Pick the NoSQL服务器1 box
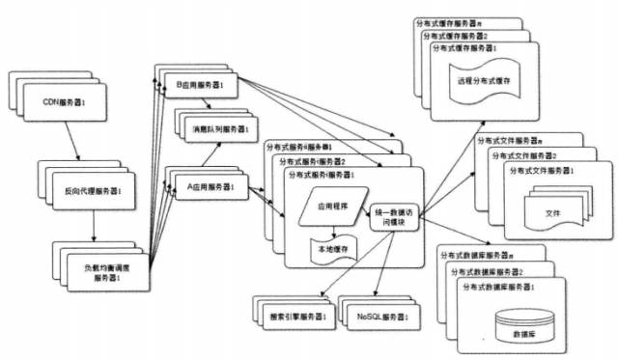click(384, 316)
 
